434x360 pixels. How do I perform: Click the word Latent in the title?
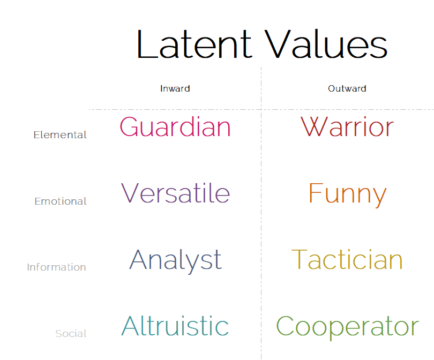click(194, 44)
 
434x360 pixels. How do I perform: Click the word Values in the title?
click(326, 44)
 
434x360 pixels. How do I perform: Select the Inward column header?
click(175, 88)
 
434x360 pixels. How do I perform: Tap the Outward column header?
click(347, 88)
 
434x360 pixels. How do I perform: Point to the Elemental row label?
click(60, 135)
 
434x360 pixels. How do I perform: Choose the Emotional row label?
click(61, 201)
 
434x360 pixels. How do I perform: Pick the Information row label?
click(56, 267)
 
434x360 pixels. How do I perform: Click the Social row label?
click(71, 333)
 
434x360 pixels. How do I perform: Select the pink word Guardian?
click(175, 127)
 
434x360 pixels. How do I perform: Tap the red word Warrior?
click(347, 127)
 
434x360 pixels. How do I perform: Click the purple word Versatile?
click(176, 193)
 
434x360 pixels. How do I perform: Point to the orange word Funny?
click(347, 195)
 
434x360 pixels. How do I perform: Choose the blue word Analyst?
click(176, 261)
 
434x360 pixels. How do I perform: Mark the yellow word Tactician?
click(347, 259)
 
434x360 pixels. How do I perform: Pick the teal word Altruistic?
click(175, 326)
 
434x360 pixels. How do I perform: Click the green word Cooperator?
click(347, 327)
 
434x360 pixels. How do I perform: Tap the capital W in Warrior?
click(314, 126)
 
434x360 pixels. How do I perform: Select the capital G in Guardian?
click(130, 126)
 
